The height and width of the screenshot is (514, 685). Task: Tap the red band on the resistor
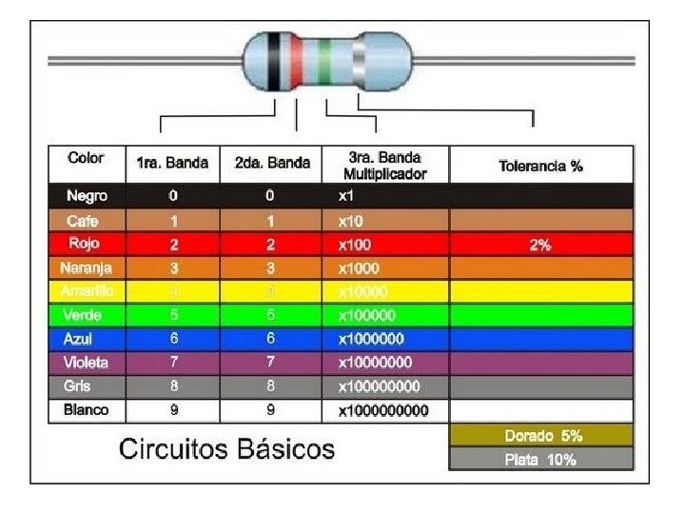coord(298,61)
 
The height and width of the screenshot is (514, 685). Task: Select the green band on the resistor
coord(325,61)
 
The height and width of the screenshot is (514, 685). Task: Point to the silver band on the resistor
coord(360,61)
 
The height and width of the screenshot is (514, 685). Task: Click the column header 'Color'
coord(86,158)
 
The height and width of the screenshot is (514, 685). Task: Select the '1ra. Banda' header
coord(172,163)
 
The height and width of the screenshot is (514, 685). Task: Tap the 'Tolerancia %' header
coord(540,166)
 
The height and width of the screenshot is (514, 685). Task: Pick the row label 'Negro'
coord(87,196)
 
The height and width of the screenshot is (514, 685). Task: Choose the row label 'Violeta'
coord(86,363)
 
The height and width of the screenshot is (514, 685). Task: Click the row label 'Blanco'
coord(86,410)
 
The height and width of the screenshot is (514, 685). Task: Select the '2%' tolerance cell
coord(540,245)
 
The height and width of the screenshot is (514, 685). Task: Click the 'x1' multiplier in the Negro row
coord(346,196)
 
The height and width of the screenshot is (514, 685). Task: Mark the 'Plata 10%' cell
coord(541,460)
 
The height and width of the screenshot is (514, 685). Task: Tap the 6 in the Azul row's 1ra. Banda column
coord(172,339)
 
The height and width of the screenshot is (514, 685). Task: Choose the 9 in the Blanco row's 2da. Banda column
coord(271,410)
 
